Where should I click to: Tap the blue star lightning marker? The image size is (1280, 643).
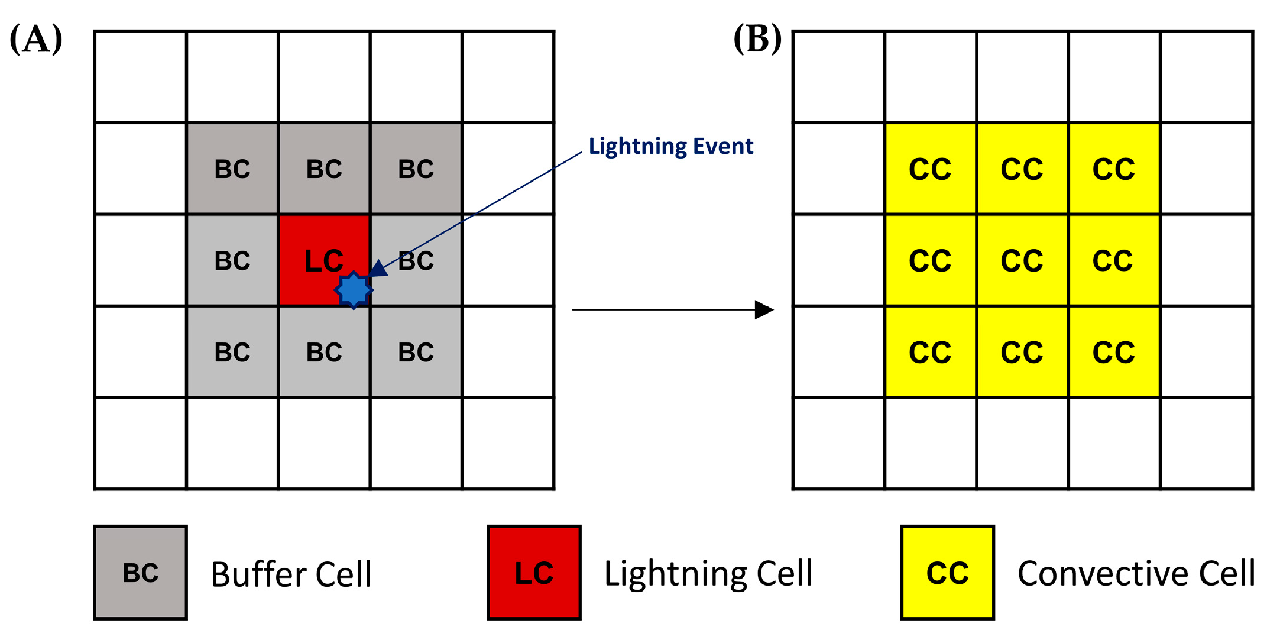[354, 290]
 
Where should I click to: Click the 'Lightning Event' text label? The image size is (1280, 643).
[670, 146]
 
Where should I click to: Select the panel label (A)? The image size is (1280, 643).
[36, 39]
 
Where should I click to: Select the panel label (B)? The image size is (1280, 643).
[757, 39]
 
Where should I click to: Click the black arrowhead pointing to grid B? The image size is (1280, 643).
[764, 309]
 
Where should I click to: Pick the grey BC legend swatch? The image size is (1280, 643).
[141, 573]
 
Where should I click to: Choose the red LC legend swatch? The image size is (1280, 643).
[534, 573]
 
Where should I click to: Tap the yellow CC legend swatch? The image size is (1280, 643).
[947, 573]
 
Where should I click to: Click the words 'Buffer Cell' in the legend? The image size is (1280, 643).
[291, 574]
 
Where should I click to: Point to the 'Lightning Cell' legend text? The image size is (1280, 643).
[708, 573]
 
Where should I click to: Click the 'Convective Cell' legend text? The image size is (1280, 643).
[1136, 573]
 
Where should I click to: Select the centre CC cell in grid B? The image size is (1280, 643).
[1022, 260]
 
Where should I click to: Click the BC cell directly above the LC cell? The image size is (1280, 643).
[324, 169]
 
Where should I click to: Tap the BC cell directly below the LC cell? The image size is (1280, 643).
[324, 352]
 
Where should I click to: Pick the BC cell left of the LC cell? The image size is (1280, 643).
[232, 260]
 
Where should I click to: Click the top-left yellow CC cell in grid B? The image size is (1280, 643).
[930, 169]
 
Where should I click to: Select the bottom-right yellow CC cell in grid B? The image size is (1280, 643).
[1114, 352]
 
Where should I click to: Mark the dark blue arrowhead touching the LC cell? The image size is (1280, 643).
[378, 269]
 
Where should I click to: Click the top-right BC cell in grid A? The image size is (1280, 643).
[416, 169]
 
